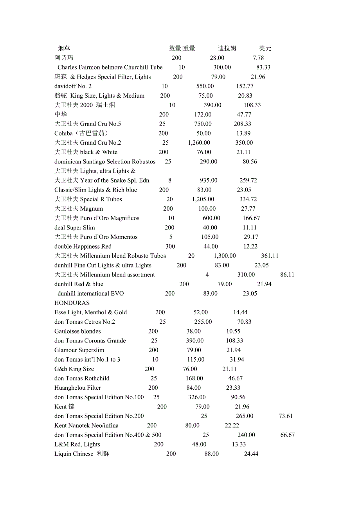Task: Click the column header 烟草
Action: [x=64, y=48]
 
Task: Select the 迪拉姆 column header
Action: [x=227, y=48]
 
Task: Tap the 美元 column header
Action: [x=265, y=48]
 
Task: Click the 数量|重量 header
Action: [x=182, y=48]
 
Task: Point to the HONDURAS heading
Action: [x=72, y=303]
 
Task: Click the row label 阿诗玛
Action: [x=64, y=58]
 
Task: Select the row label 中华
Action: [x=61, y=115]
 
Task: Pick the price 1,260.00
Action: [x=199, y=143]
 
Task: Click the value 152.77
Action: [x=245, y=86]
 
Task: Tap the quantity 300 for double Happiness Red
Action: [x=170, y=246]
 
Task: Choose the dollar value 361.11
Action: [x=270, y=256]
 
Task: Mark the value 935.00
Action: [x=209, y=180]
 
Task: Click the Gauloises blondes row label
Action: [x=77, y=331]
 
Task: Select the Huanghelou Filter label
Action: [x=77, y=388]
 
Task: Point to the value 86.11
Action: [x=287, y=274]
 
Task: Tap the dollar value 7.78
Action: [x=258, y=58]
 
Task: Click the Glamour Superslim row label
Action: [x=79, y=350]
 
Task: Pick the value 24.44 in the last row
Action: [x=251, y=454]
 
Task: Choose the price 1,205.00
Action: [x=203, y=199]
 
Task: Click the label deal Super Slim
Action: [x=75, y=228]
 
